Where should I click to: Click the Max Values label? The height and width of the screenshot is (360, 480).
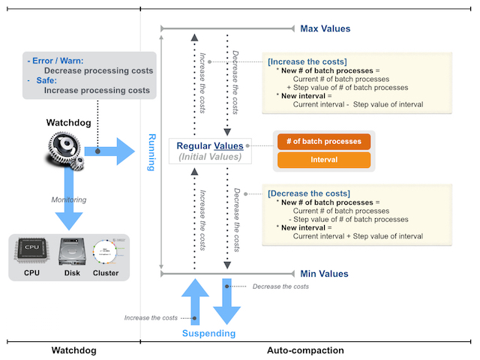325,29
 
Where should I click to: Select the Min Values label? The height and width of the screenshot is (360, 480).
324,274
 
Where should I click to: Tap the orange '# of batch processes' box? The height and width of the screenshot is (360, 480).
324,141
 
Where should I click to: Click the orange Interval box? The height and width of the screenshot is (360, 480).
324,160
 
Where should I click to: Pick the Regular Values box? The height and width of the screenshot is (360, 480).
210,151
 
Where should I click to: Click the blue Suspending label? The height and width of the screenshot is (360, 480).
210,333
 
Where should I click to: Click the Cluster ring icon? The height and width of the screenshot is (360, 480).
106,252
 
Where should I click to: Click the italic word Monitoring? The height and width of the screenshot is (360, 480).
69,199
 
